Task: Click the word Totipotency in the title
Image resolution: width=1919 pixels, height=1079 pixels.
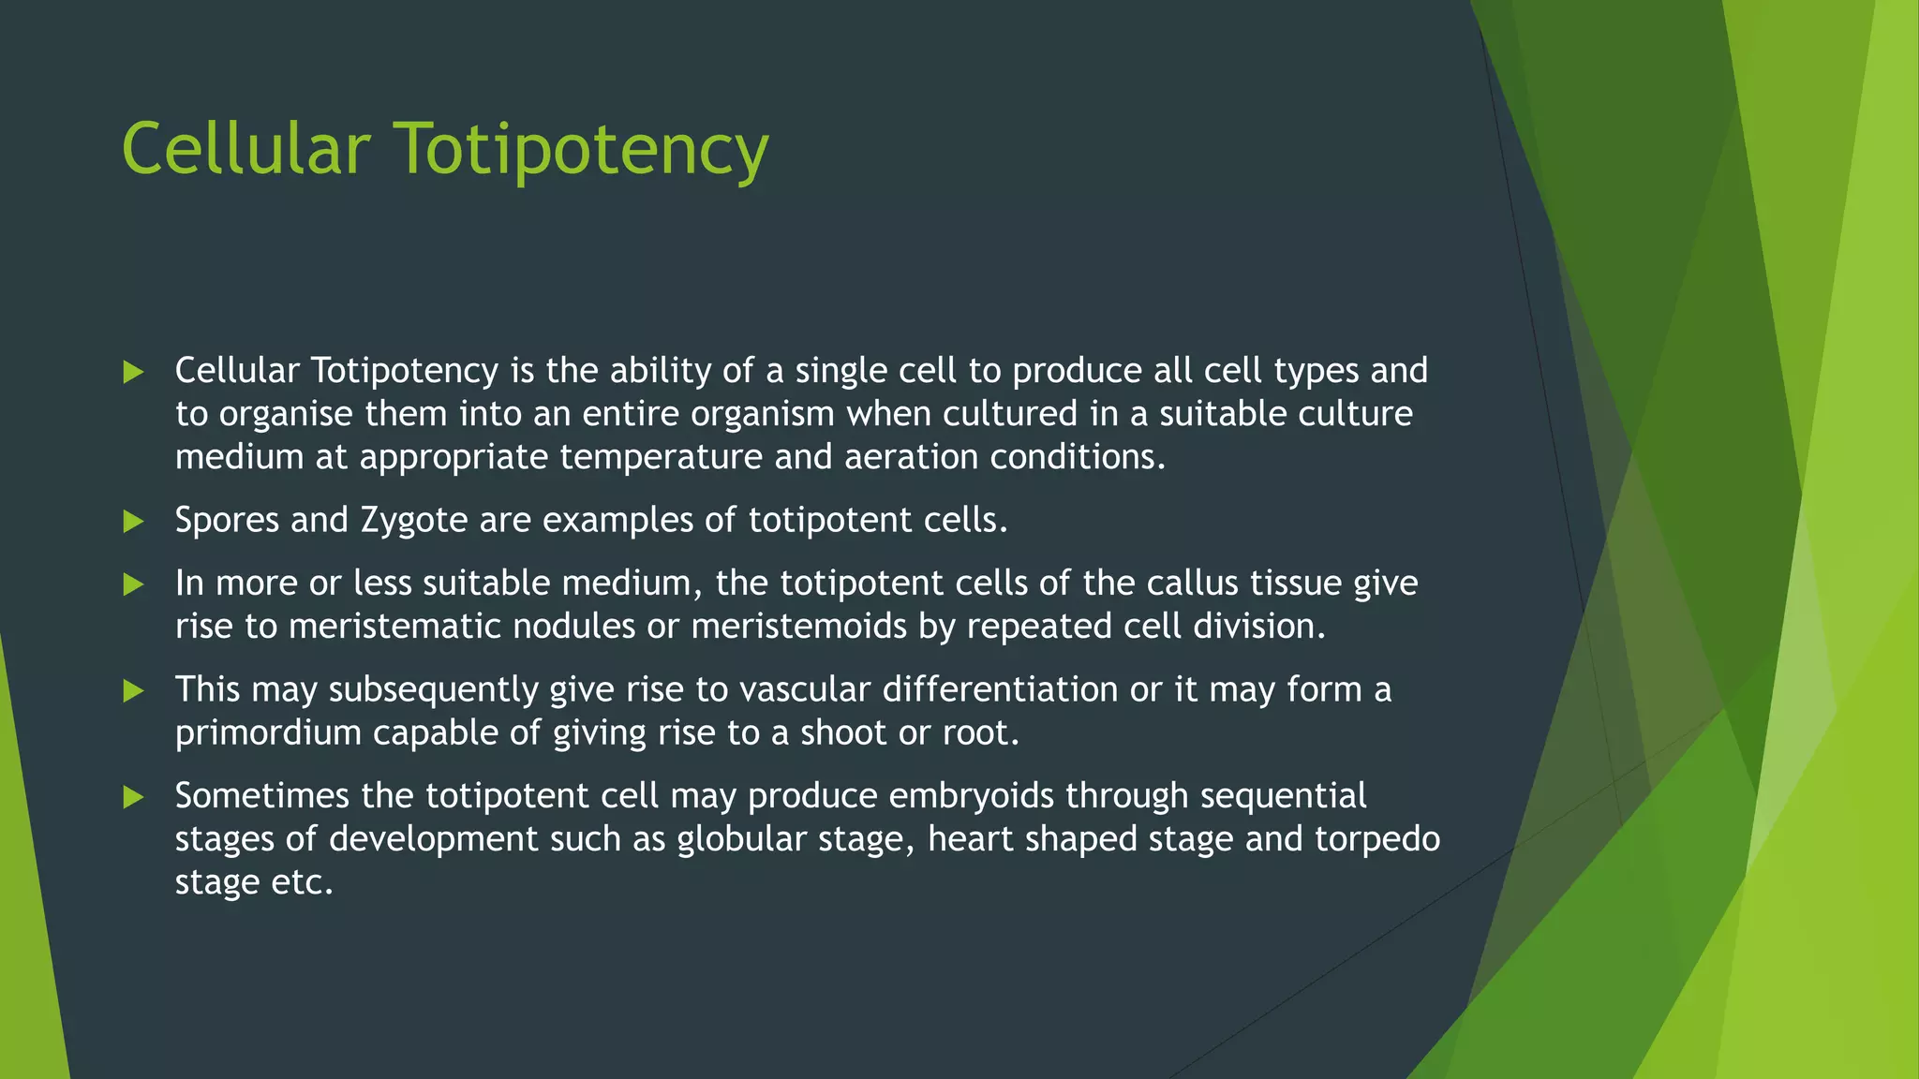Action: click(x=580, y=150)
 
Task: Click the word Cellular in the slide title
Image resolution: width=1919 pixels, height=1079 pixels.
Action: click(x=245, y=150)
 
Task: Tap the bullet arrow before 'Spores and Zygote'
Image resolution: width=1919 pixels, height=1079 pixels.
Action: click(x=133, y=522)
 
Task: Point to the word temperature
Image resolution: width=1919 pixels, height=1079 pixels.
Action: click(x=661, y=458)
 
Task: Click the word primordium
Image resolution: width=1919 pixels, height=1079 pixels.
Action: click(x=268, y=733)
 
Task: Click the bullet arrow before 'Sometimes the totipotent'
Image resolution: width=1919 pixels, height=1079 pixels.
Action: click(x=133, y=797)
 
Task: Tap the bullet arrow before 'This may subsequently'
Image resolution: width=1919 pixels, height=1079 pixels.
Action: click(x=133, y=691)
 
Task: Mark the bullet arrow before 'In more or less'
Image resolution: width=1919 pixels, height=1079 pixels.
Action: click(x=133, y=584)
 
